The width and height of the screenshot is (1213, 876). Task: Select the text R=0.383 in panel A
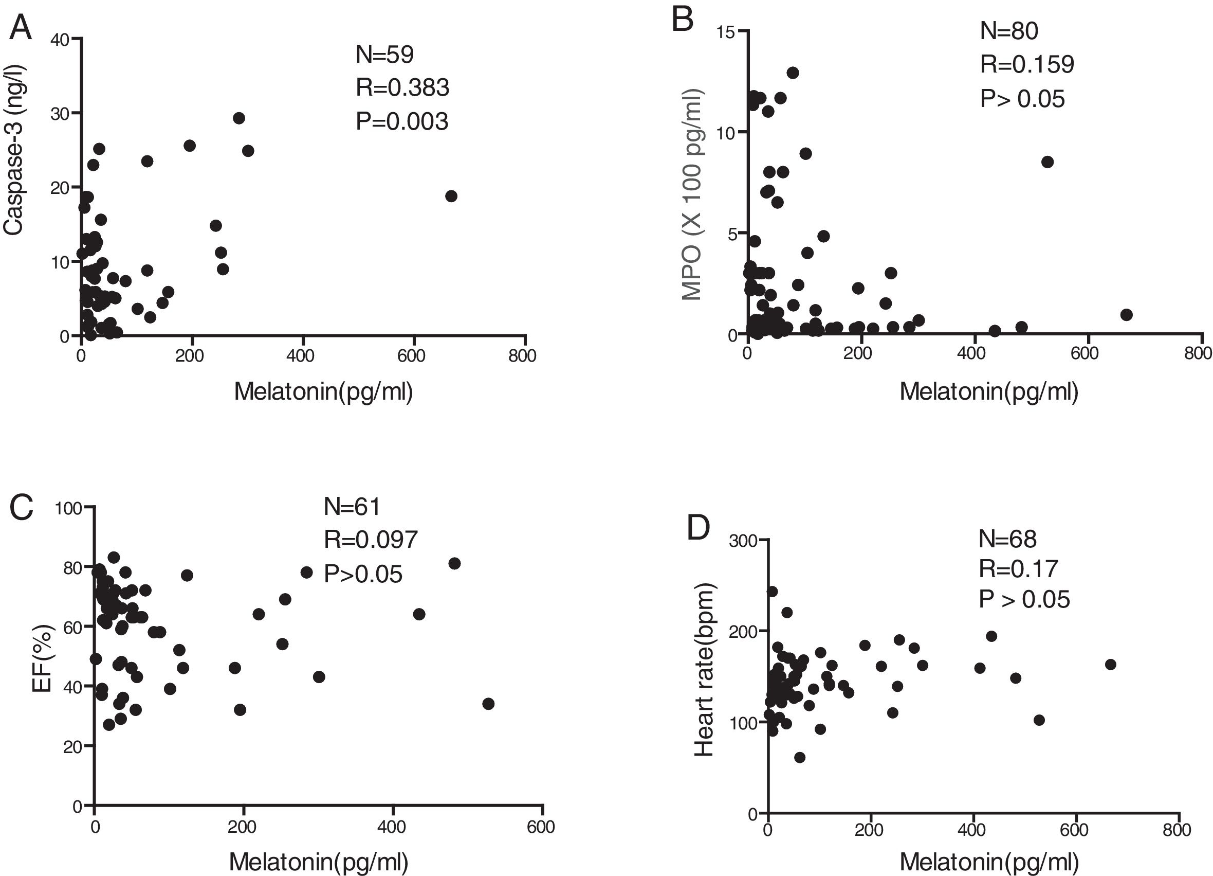(x=402, y=88)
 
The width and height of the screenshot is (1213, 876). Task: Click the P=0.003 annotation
(x=401, y=121)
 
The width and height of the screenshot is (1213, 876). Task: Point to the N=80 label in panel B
(x=1009, y=30)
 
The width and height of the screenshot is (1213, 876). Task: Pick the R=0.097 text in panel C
(x=370, y=540)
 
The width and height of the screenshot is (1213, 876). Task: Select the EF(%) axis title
(x=42, y=658)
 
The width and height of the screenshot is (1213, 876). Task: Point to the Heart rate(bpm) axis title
(x=704, y=669)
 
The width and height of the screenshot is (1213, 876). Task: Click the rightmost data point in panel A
(x=451, y=196)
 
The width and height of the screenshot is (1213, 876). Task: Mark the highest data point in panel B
(x=793, y=73)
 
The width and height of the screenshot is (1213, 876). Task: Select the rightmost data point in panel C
(x=488, y=704)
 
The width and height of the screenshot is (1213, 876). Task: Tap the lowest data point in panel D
(x=800, y=757)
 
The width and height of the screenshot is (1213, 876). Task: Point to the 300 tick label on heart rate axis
(x=743, y=541)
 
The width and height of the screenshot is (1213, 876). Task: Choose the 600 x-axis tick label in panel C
(x=541, y=827)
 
